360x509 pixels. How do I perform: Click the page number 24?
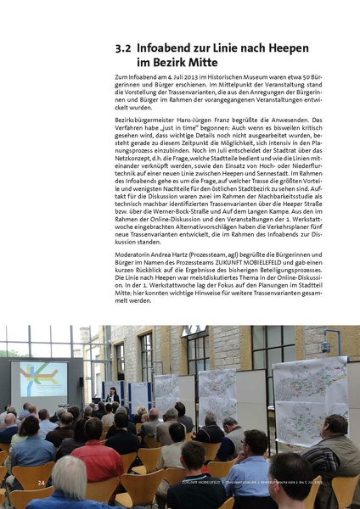[x=41, y=483]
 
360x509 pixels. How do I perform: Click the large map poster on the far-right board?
[x=309, y=399]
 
